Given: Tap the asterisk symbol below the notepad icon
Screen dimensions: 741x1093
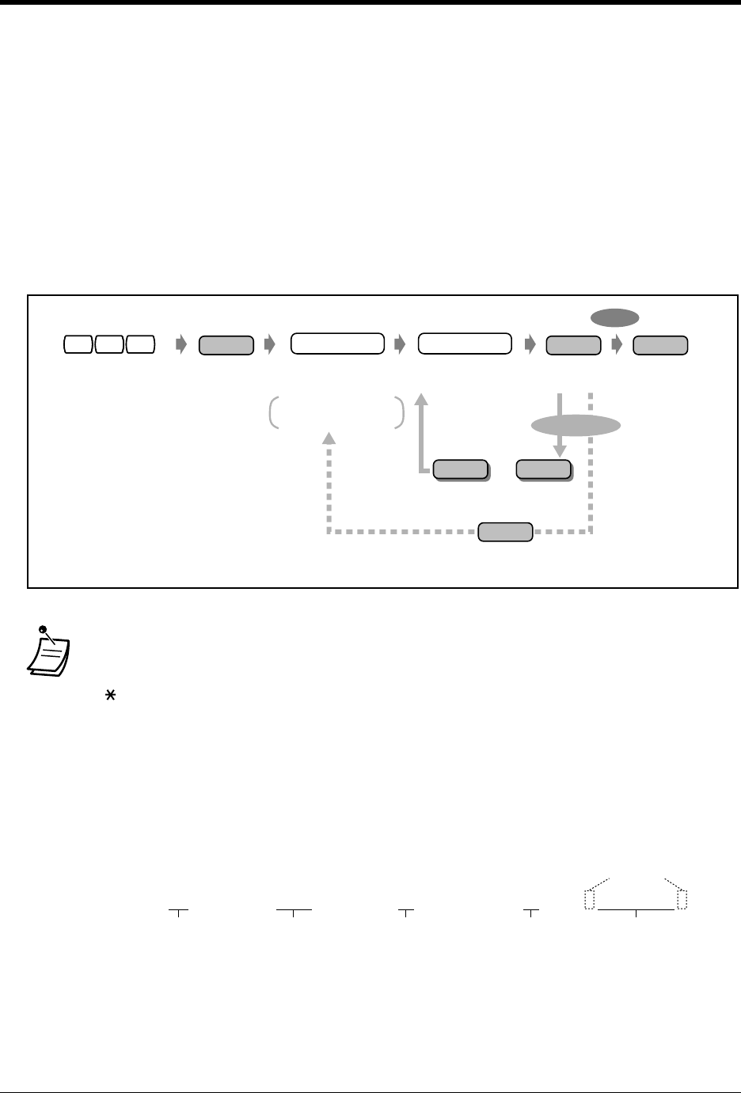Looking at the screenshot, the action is [x=100, y=694].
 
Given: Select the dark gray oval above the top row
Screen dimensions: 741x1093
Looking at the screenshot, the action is [x=614, y=317].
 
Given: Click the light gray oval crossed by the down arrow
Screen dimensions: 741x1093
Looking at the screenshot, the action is [x=575, y=426].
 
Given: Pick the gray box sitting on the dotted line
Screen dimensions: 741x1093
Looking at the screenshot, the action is [x=505, y=531].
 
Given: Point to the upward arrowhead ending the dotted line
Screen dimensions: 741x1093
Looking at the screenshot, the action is [x=329, y=437].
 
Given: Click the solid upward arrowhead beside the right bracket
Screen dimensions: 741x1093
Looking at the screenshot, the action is [x=421, y=396].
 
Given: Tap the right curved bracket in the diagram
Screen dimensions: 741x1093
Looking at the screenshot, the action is [x=400, y=413].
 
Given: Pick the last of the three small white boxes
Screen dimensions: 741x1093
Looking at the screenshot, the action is [x=139, y=344].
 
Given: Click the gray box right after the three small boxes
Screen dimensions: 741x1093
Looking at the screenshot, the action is [x=226, y=344].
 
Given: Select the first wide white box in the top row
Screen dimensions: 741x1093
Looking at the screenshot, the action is [x=337, y=343].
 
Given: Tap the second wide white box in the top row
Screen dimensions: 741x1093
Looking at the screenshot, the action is [x=464, y=343].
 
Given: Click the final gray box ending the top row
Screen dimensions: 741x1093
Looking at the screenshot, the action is [x=660, y=344].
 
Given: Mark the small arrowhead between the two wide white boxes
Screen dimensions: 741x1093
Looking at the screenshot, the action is [x=398, y=344].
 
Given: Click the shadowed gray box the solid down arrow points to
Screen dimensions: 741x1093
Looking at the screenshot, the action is [x=543, y=469].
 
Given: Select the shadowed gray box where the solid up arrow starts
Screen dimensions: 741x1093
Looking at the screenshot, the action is [x=459, y=469].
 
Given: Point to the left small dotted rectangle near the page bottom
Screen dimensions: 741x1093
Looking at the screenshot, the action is [x=588, y=900].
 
